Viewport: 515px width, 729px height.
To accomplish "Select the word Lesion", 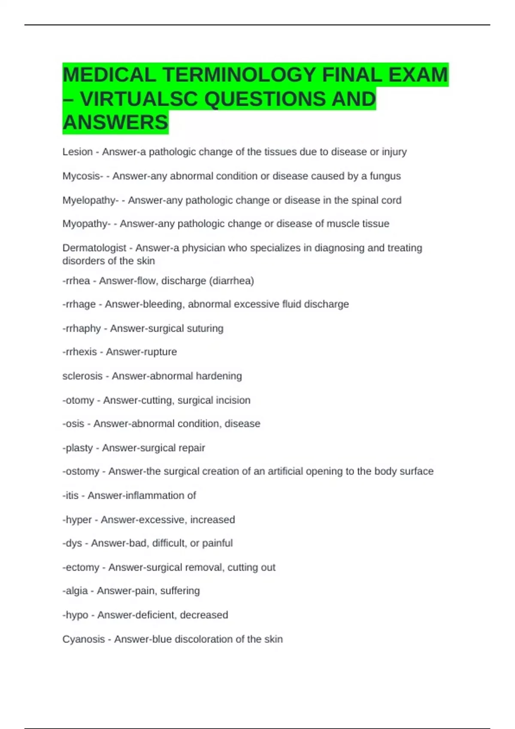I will point(77,152).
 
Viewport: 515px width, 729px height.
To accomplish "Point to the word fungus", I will point(385,176).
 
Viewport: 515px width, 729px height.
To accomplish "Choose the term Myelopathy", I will point(90,200).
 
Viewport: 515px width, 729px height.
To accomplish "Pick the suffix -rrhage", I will point(79,304).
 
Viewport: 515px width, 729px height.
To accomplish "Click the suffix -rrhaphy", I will point(82,328).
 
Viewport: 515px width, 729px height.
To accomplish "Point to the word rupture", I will point(159,352).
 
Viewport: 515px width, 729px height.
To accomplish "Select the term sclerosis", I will point(82,376).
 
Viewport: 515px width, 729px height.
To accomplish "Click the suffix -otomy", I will point(78,401).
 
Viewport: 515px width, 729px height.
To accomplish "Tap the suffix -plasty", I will point(77,448).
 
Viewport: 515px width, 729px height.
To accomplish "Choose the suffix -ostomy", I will point(81,471).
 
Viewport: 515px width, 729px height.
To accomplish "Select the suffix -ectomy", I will point(81,567).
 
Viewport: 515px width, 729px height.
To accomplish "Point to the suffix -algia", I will point(75,591).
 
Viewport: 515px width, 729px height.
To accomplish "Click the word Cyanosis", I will point(83,639).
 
